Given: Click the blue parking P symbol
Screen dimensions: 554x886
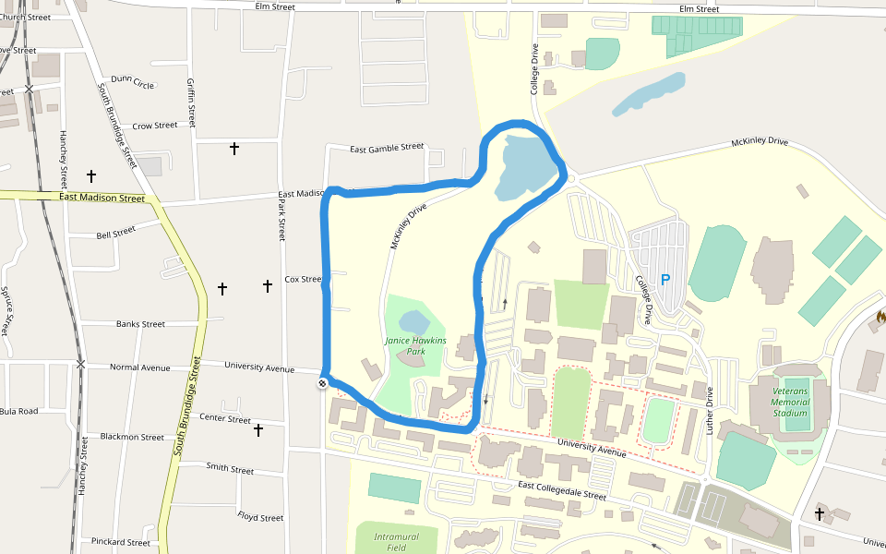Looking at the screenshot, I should click(x=664, y=280).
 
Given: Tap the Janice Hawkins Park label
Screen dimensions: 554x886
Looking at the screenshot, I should click(x=415, y=346).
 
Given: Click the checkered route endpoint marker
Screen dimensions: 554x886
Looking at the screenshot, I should click(x=322, y=383).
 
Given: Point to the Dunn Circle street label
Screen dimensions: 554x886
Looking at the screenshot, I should click(x=132, y=83).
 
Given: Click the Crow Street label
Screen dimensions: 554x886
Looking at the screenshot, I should click(x=154, y=126).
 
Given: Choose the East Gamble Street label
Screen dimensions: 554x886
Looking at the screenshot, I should click(x=387, y=147).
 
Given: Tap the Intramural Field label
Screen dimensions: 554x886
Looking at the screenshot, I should click(x=397, y=542).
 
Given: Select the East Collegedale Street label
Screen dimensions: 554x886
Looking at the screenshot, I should click(x=561, y=490).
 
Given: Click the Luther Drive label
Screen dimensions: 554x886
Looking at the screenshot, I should click(x=710, y=406).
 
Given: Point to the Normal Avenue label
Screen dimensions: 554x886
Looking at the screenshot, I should click(x=140, y=367).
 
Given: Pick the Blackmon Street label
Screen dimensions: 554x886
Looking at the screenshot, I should click(x=132, y=437).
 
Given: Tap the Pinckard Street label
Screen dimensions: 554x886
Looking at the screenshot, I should click(x=120, y=542).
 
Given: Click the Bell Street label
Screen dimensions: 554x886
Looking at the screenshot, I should click(x=115, y=232).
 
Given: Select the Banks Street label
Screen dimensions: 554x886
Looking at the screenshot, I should click(x=140, y=324).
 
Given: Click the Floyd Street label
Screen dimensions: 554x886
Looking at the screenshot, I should click(x=260, y=517).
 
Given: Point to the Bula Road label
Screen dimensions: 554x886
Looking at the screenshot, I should click(x=18, y=411).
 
